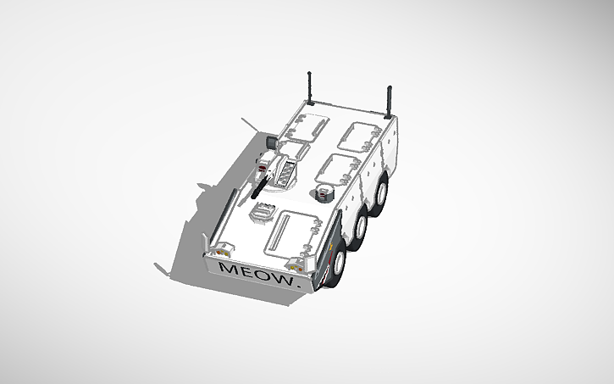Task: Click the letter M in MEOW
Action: point(227,268)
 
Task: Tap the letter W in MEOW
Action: point(283,277)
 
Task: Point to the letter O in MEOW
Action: point(263,274)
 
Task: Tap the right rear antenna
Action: point(390,99)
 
